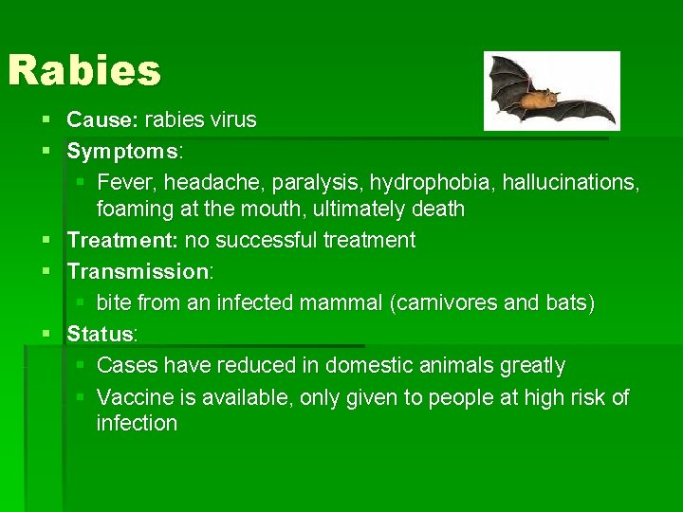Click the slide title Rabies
click(x=84, y=70)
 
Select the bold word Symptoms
click(x=122, y=152)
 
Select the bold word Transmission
click(x=138, y=272)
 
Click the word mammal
click(x=342, y=303)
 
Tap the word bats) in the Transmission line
click(x=568, y=303)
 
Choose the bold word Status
click(x=100, y=335)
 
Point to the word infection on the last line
click(x=137, y=423)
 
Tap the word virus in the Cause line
click(x=232, y=120)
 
